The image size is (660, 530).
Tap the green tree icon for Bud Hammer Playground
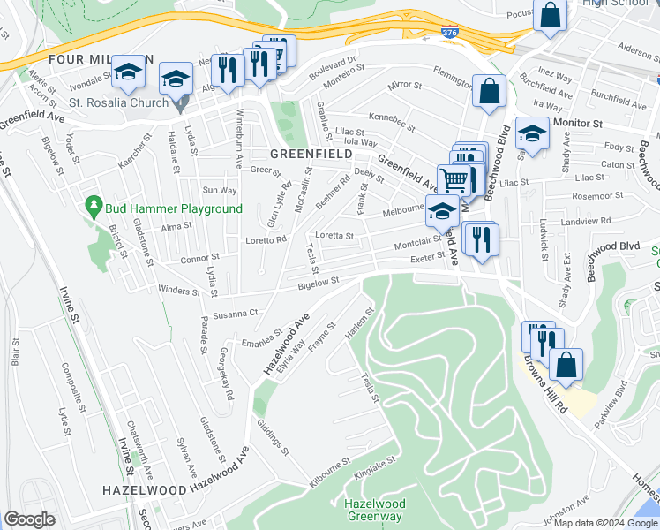click(x=94, y=208)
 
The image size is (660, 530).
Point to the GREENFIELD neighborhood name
click(x=304, y=153)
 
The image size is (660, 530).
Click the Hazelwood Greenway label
click(x=373, y=510)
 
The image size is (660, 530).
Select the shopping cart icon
click(x=454, y=180)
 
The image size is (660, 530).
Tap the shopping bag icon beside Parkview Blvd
click(x=566, y=364)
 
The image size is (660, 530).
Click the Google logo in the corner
click(x=29, y=519)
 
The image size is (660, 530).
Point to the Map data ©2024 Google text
click(x=606, y=523)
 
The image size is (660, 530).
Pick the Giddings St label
click(x=274, y=436)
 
